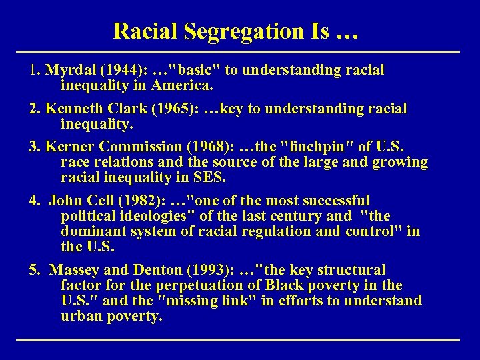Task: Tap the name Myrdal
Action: coord(67,70)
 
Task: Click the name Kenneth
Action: coord(69,108)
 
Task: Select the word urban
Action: coord(81,316)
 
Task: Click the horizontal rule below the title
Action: coord(238,52)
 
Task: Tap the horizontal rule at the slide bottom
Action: coord(238,340)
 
